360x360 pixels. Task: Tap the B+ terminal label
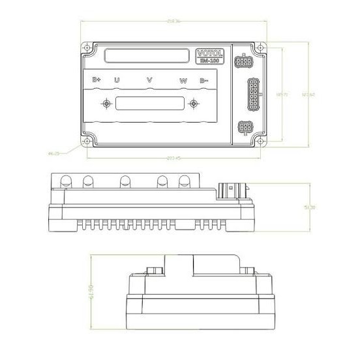[96, 80]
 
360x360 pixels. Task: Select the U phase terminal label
[117, 80]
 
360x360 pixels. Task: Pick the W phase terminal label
[184, 80]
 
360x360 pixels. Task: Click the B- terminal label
[203, 80]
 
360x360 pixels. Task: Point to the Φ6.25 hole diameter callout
[54, 153]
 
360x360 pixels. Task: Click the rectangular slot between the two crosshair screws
[149, 103]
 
